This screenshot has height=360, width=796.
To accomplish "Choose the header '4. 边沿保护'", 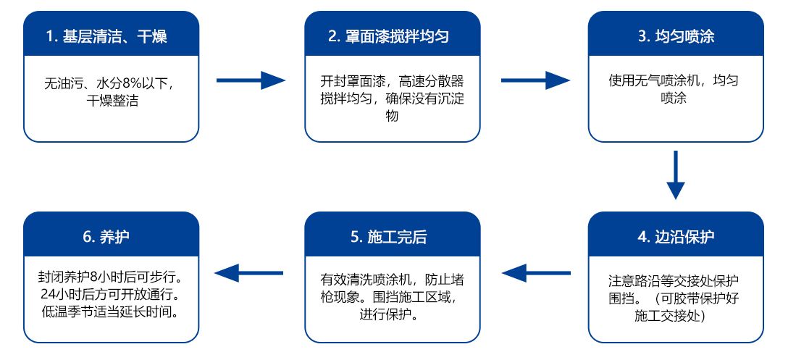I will coord(675,238).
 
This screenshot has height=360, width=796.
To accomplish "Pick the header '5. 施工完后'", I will coord(392,238).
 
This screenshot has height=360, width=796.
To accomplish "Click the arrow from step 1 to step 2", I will coord(251,80).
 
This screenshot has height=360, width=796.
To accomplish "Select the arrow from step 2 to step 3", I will coord(535,80).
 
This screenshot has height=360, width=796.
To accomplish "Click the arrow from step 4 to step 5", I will coord(535,273).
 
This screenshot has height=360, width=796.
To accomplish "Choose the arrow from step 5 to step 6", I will coord(251,273).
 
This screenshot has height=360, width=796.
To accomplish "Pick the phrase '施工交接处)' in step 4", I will coord(675,315).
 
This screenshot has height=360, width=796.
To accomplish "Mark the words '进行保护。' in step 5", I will coord(392,315).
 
